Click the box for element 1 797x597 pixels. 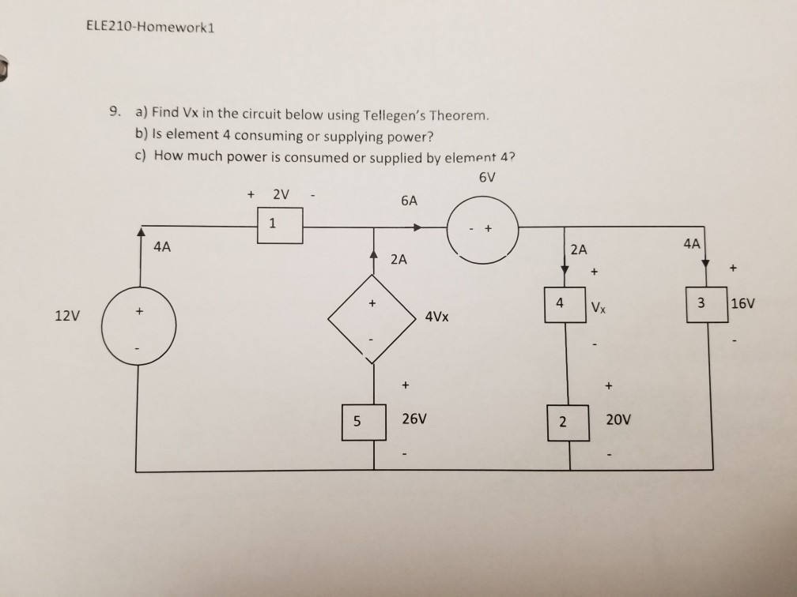[x=272, y=226]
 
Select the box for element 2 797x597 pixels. [x=563, y=421]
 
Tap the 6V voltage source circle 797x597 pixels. [x=482, y=228]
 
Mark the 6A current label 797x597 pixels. [x=409, y=201]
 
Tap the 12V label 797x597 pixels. [x=67, y=316]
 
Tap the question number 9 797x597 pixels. [x=115, y=115]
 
